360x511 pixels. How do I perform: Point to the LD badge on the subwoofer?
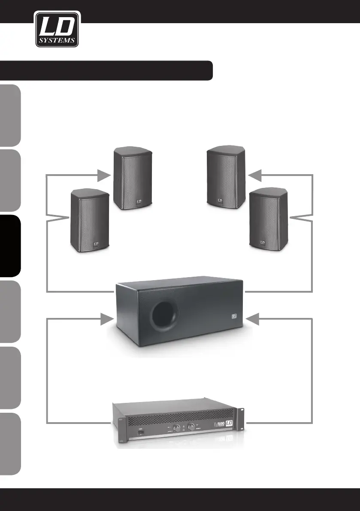click(234, 317)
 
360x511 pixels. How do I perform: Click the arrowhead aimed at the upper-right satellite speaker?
click(255, 175)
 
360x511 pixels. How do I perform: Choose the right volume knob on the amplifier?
click(190, 427)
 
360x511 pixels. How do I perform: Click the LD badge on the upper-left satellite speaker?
click(139, 200)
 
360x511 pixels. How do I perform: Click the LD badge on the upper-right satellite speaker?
click(220, 200)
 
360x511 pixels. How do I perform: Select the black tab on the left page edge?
click(10, 245)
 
